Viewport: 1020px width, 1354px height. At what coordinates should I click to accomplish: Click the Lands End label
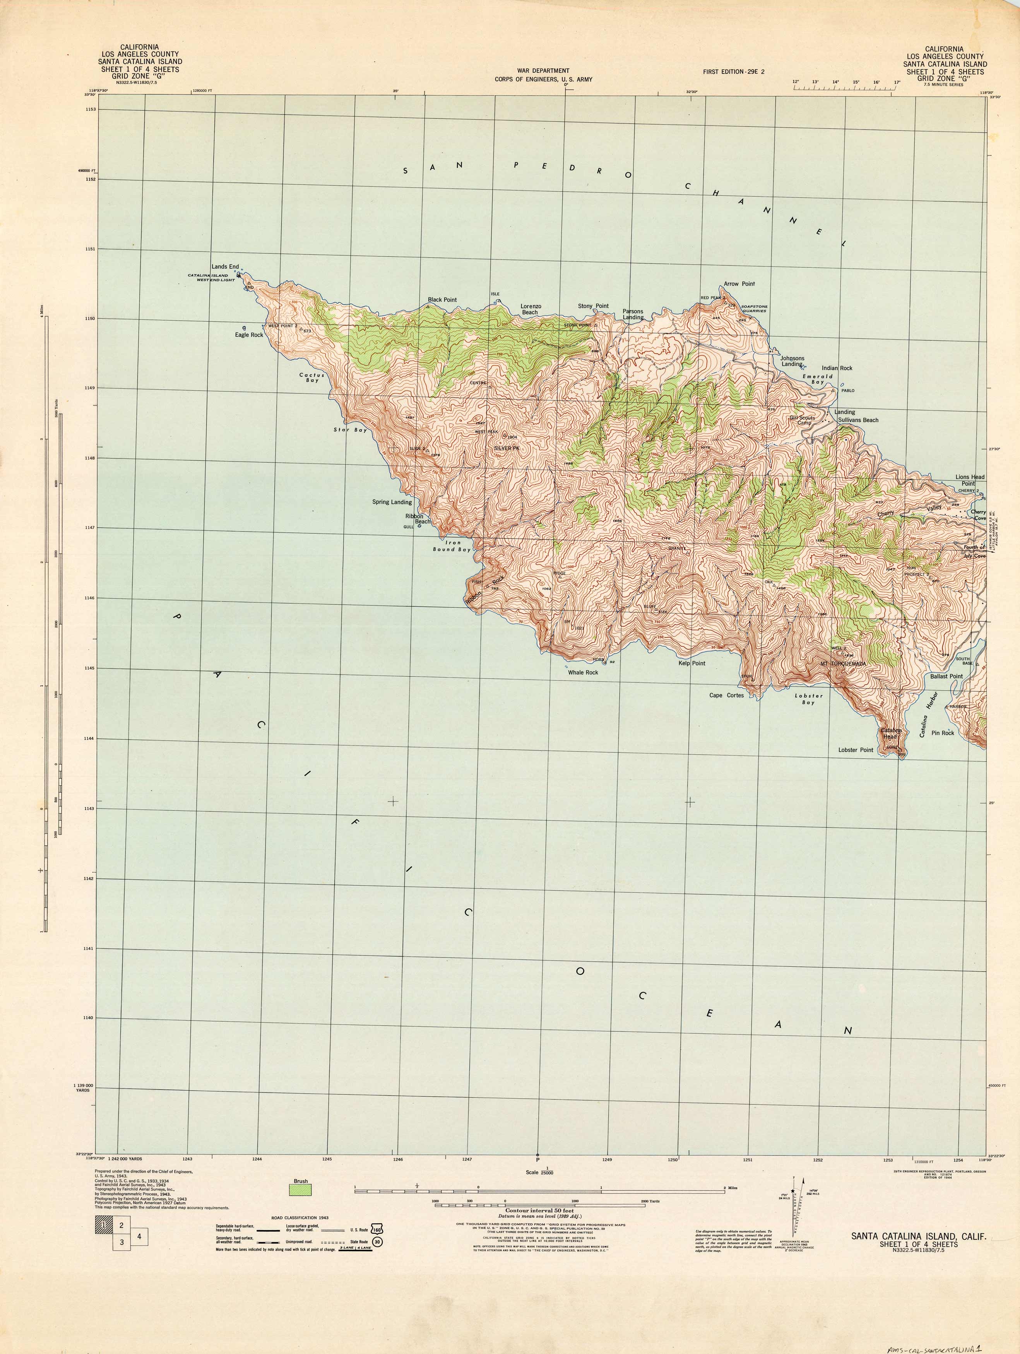point(225,267)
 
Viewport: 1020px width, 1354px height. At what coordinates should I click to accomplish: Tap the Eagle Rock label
point(248,335)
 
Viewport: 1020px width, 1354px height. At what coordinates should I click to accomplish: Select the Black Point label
point(442,300)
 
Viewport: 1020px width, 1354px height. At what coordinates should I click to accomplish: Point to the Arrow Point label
point(739,284)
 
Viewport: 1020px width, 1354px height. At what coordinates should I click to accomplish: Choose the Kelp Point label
point(692,663)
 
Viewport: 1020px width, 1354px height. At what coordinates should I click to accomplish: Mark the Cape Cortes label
point(726,695)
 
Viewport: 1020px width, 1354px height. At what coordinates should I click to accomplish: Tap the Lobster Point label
point(855,750)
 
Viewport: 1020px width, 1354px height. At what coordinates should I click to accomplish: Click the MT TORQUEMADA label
point(843,663)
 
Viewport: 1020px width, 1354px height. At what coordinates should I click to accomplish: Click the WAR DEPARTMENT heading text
point(543,71)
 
